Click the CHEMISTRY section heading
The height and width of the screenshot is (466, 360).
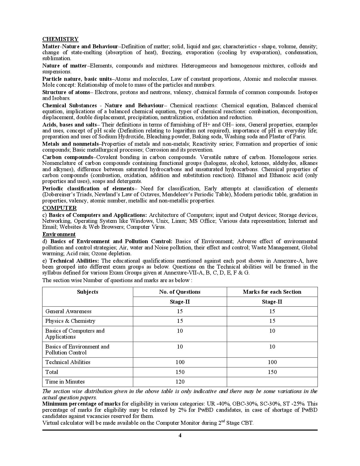60,39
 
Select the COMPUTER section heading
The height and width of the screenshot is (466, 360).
59,208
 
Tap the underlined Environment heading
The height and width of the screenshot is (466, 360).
59,234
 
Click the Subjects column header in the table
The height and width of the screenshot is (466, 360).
88,292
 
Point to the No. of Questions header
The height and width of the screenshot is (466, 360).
180,292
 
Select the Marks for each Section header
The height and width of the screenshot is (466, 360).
272,292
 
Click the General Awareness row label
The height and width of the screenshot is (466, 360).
68,311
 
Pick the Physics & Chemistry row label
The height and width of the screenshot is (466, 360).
70,321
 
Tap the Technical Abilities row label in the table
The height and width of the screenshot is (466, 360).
68,362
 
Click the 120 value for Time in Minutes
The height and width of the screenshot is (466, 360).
180,382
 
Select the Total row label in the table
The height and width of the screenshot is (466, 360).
52,372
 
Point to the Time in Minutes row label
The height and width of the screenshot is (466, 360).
65,382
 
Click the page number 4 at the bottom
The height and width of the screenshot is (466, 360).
180,435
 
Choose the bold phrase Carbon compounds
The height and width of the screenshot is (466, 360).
67,157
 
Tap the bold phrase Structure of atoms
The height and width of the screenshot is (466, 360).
66,92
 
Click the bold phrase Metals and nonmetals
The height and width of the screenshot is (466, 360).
70,144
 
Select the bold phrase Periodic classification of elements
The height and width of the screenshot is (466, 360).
88,188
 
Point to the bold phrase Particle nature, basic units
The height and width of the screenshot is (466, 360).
77,79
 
